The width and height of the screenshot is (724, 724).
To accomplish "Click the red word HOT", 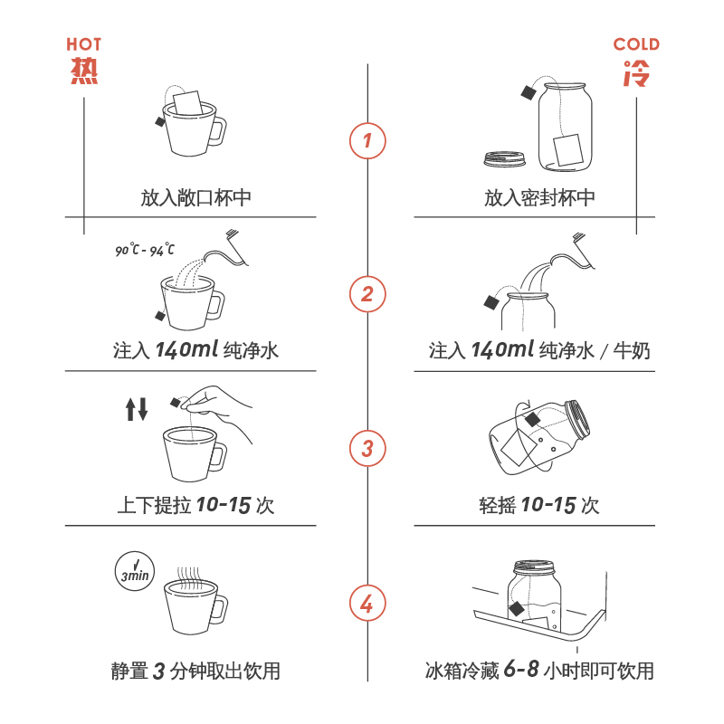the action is click(84, 43).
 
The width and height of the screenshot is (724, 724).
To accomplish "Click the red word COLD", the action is click(636, 43).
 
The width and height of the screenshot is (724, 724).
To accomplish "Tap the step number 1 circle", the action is click(367, 140).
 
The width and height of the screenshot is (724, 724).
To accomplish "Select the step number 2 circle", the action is click(367, 293).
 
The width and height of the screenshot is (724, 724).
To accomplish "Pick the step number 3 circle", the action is click(367, 448).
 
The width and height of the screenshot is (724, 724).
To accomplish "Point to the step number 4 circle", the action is click(367, 604).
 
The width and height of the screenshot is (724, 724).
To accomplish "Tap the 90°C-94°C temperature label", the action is click(145, 251).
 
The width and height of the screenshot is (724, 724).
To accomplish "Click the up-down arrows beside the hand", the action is click(137, 409).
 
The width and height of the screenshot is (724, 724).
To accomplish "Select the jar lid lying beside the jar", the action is click(505, 158).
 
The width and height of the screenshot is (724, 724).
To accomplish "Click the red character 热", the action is click(84, 72).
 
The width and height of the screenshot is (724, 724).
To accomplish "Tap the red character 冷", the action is click(636, 72).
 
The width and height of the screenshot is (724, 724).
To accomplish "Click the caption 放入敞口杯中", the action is click(195, 197).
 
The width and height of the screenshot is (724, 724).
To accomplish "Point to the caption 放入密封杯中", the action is click(539, 197).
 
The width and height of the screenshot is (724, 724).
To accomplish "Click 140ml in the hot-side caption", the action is click(186, 350).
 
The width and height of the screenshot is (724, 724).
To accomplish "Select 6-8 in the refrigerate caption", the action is click(521, 671).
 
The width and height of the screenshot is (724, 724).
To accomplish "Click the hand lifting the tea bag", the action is click(222, 412).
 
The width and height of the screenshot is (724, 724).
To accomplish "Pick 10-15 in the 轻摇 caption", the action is click(548, 505).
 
